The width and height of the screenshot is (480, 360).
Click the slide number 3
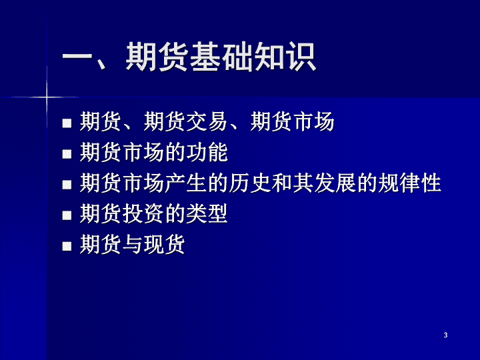point(445,335)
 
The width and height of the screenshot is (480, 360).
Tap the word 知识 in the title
point(285,57)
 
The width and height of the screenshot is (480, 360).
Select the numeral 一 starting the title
point(77,57)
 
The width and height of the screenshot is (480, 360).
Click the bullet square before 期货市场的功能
point(67,154)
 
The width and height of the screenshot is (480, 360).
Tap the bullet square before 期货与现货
point(67,246)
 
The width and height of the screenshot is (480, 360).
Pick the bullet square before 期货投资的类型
point(67,215)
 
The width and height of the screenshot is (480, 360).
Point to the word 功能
point(207,152)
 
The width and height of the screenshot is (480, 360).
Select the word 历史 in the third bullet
point(250,183)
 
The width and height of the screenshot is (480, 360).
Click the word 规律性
point(409,183)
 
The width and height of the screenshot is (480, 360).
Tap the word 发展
point(335,183)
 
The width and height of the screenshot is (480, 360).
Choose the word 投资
point(143,214)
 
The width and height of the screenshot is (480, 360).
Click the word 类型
point(207,214)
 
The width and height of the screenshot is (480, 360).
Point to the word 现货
point(165,244)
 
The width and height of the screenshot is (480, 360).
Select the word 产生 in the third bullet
point(186,183)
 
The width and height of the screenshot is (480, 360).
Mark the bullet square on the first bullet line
point(67,123)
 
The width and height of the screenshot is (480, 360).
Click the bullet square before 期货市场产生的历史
point(67,185)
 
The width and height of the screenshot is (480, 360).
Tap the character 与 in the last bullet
point(133,244)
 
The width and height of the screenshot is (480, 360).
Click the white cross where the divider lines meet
point(47,97)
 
